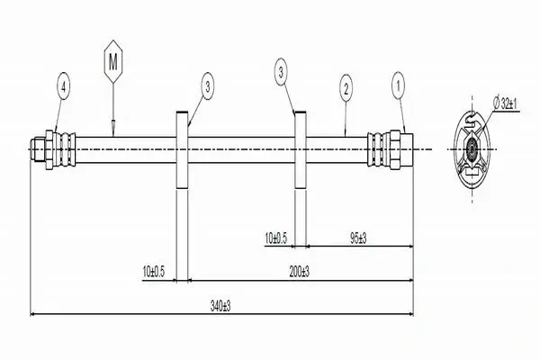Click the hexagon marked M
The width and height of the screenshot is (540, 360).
pos(113,62)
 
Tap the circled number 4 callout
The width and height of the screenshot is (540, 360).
pos(63,86)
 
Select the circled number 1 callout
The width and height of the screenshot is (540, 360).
pos(399,85)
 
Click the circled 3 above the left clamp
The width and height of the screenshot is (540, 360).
pos(207,86)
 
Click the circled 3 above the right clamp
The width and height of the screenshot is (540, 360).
pos(282,72)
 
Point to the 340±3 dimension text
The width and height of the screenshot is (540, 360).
pos(220,306)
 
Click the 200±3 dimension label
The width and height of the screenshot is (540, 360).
pos(300,272)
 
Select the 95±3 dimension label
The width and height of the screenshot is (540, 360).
pos(358,238)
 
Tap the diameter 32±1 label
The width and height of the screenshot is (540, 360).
pos(506,103)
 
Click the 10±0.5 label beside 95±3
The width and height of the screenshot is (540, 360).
pos(275,238)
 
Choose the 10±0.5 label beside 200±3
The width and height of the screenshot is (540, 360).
pos(154,272)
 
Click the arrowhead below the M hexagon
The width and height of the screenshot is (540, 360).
pos(113,123)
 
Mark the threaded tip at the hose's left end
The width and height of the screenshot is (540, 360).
pos(38,149)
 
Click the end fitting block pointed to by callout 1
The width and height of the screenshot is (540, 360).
pos(407,149)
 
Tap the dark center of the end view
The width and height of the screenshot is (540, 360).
pos(472,148)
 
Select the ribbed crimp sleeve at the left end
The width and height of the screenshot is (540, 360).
pos(65,149)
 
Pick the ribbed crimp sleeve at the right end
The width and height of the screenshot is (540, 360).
pos(379,149)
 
